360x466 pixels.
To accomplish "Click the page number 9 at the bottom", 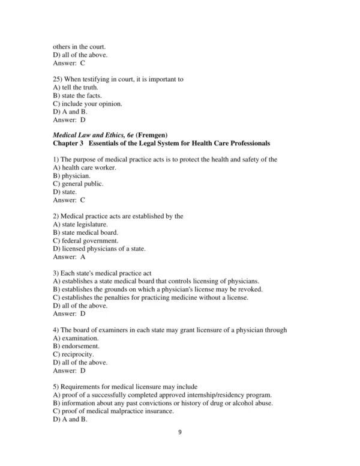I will (x=179, y=448).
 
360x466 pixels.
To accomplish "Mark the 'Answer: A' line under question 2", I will (x=69, y=256).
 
